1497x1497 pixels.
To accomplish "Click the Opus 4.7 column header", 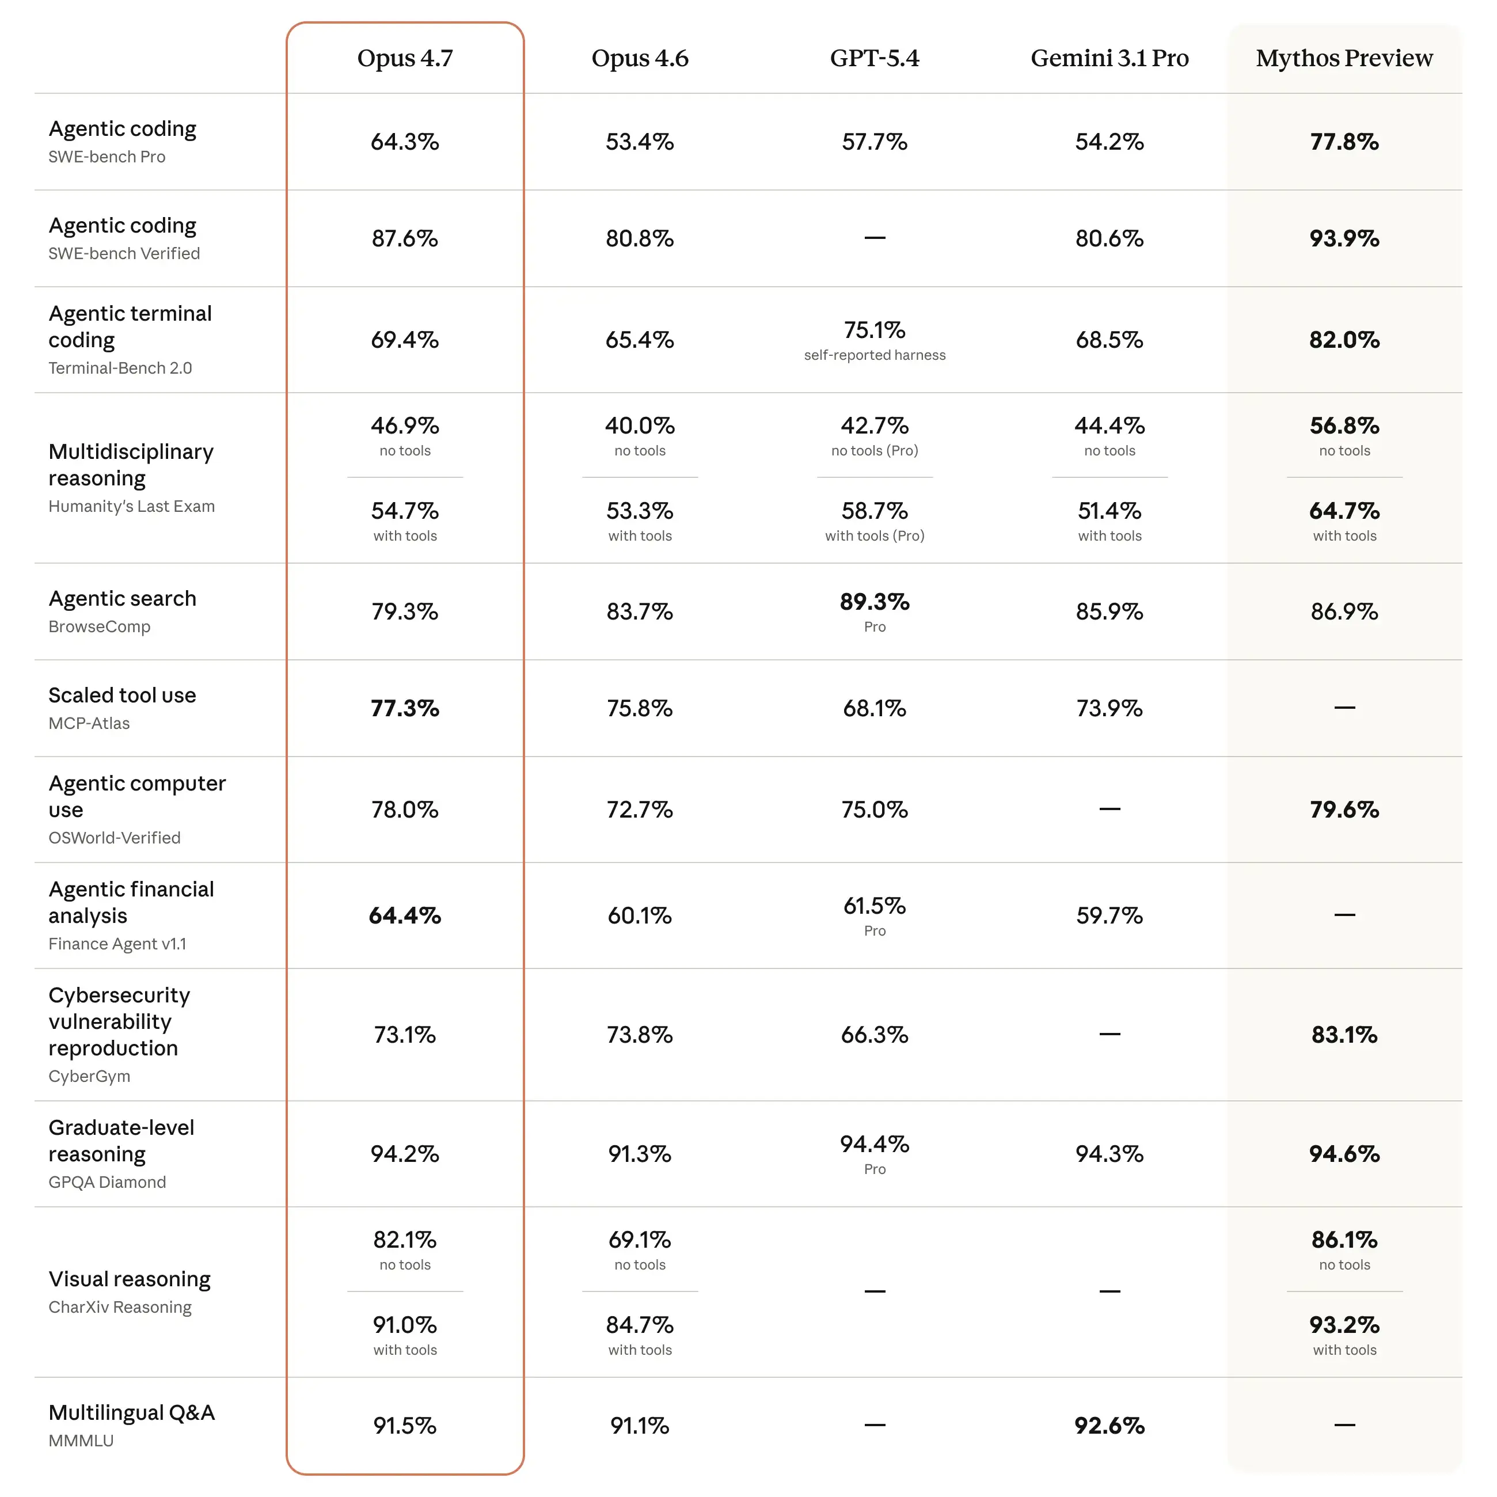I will (x=404, y=58).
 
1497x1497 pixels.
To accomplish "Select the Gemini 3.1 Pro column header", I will (x=1109, y=58).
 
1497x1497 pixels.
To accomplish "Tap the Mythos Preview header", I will (x=1344, y=58).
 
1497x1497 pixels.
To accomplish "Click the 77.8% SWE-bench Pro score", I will (x=1344, y=142).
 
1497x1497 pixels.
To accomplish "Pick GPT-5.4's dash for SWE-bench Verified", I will (x=874, y=238).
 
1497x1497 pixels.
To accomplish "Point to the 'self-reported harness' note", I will (x=874, y=355).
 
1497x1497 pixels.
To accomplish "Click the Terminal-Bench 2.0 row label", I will (x=120, y=368).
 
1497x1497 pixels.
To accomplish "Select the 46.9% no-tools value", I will (x=404, y=425).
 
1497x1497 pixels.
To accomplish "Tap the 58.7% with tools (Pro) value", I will (x=874, y=511).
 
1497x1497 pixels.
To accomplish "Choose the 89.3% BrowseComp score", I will (x=874, y=602).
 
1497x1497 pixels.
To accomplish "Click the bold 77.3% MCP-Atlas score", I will (x=404, y=708).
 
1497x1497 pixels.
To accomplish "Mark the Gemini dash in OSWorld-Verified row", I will (x=1109, y=809).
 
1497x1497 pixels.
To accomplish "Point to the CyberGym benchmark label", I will (x=89, y=1076).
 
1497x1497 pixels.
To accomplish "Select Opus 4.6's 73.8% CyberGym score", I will (x=639, y=1035).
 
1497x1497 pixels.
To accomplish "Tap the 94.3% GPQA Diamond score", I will (x=1109, y=1154).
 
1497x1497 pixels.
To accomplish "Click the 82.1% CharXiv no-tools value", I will (x=404, y=1240).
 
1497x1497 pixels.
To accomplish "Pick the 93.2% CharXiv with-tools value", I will (x=1344, y=1325).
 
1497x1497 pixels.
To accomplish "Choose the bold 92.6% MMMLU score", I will (x=1109, y=1426).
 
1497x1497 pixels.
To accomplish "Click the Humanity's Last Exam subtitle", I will (x=132, y=506).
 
